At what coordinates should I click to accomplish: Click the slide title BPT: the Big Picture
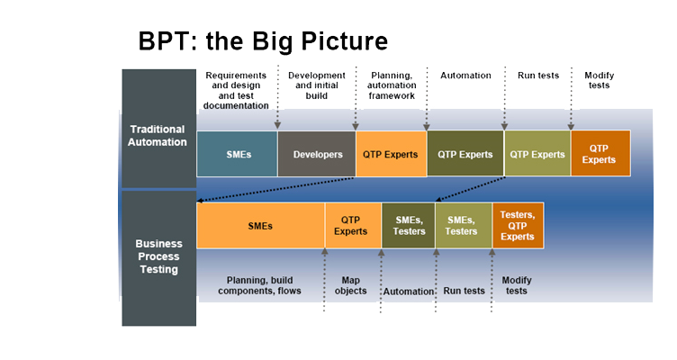[x=263, y=41]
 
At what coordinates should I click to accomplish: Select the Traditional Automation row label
[x=158, y=136]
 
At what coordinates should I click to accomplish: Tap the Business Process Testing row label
[x=158, y=256]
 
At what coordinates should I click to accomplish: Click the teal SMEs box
[x=237, y=154]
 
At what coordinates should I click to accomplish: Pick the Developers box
[x=317, y=154]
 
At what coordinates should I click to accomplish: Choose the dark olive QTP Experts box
[x=465, y=154]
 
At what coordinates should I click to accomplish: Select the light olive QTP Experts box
[x=537, y=154]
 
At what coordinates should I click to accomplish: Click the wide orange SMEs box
[x=261, y=225]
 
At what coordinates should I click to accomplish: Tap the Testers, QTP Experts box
[x=518, y=225]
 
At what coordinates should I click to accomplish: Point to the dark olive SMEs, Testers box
[x=409, y=225]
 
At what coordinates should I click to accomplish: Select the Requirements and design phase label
[x=236, y=90]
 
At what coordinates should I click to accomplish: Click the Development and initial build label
[x=317, y=85]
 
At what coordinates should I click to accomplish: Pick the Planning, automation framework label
[x=392, y=85]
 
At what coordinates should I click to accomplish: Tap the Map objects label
[x=350, y=285]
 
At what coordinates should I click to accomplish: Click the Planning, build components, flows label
[x=259, y=285]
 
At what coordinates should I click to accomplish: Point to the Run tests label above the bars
[x=538, y=76]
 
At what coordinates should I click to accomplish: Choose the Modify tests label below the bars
[x=517, y=285]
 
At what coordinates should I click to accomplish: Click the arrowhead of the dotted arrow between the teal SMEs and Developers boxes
[x=277, y=125]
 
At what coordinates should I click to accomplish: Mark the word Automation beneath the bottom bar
[x=409, y=292]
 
